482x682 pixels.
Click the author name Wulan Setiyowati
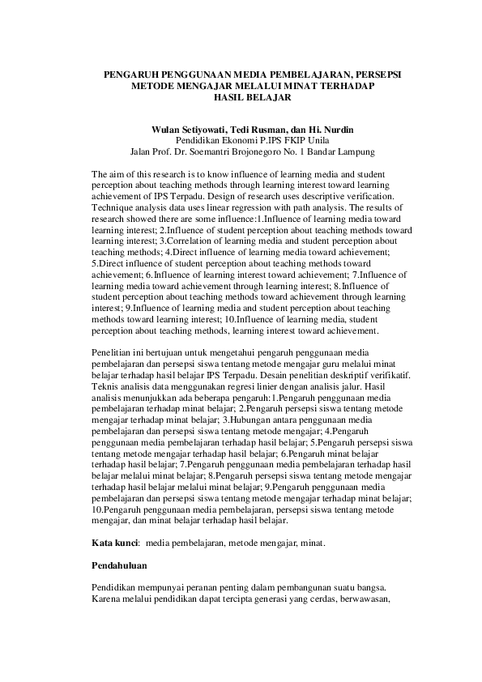click(189, 130)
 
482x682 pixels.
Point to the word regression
click(232, 207)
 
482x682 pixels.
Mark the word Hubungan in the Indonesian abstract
click(250, 420)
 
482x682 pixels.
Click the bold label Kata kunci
click(114, 543)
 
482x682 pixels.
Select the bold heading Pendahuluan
click(120, 566)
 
